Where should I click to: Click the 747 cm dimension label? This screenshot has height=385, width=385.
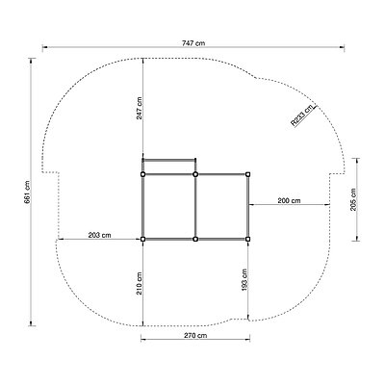193,43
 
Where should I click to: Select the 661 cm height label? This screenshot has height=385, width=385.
27,192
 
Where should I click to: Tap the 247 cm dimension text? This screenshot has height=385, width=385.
139,108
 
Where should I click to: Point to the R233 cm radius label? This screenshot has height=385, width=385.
302,115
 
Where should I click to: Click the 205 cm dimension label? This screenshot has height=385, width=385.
353,199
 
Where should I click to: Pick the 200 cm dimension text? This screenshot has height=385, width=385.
290,200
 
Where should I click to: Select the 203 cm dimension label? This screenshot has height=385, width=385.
99,235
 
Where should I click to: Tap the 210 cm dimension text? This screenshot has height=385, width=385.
139,283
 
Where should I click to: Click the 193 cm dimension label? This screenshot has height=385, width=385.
244,280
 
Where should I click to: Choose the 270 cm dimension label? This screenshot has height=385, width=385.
195,336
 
